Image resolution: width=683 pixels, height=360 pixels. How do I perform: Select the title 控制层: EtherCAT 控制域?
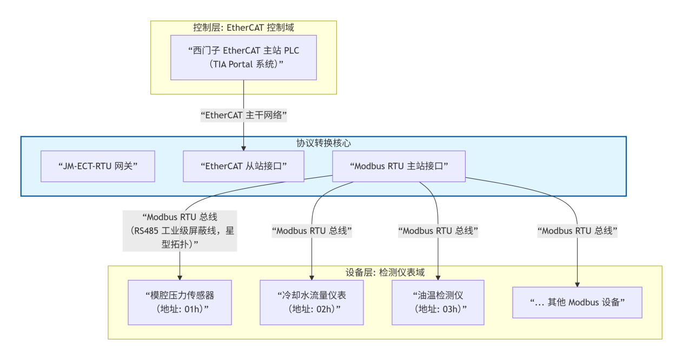coord(243,28)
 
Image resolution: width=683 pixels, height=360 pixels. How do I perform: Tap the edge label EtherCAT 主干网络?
coord(243,115)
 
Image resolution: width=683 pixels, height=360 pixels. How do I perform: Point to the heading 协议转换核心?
coord(323,143)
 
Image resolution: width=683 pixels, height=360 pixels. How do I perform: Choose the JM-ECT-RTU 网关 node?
coord(98,166)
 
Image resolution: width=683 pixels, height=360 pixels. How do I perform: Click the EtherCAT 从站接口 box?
coord(243,166)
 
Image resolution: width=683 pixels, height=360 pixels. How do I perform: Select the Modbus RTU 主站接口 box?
coord(399,166)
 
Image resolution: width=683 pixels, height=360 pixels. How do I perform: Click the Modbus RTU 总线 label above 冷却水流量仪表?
coord(312,231)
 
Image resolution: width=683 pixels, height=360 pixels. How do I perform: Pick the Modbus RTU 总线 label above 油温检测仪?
coord(438,231)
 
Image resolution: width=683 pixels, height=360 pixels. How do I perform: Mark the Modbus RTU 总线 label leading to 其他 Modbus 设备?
coord(577,231)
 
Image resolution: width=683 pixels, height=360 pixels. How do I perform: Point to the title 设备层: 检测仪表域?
coord(385,272)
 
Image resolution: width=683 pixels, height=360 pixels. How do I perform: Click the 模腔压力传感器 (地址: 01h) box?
coord(180,302)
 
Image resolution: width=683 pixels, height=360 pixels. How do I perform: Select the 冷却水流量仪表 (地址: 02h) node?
coord(312,302)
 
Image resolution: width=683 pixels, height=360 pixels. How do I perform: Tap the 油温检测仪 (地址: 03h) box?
coord(438,302)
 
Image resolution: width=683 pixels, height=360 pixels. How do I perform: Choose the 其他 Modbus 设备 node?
coord(577,302)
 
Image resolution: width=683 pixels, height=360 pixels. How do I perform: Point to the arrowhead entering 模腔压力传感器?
coord(180,277)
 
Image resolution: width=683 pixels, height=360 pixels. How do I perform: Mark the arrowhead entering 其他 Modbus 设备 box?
coord(577,284)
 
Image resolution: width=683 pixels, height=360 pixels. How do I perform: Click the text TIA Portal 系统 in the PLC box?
coord(243,64)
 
